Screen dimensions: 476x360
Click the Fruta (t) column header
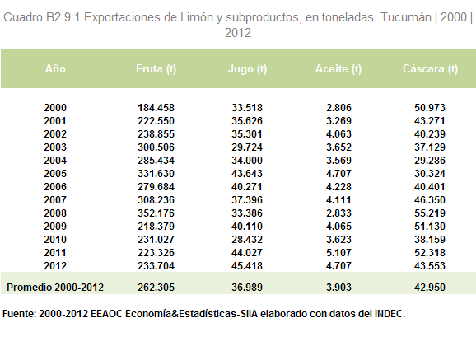point(156,69)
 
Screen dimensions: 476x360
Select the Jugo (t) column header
point(247,69)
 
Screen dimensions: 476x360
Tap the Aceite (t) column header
point(338,69)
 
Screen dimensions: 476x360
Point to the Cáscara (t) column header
point(430,69)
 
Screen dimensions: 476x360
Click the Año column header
point(55,68)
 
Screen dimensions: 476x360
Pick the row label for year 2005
point(55,174)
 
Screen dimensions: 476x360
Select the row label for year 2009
point(55,227)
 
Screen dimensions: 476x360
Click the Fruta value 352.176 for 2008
point(156,213)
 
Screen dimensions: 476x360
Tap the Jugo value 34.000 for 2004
point(247,161)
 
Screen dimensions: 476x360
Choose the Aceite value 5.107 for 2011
point(338,253)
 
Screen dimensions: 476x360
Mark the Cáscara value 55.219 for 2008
point(430,213)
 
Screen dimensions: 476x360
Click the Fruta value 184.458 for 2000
point(156,108)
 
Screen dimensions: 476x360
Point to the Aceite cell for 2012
point(338,266)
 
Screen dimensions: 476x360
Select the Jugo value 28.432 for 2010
point(247,240)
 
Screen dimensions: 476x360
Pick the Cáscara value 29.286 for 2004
point(430,161)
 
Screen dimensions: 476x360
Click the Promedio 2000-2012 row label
point(55,287)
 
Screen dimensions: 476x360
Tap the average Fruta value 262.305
point(156,287)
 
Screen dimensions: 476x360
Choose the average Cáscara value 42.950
point(430,287)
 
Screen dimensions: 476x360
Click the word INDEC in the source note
point(390,314)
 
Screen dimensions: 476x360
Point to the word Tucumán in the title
point(405,17)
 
